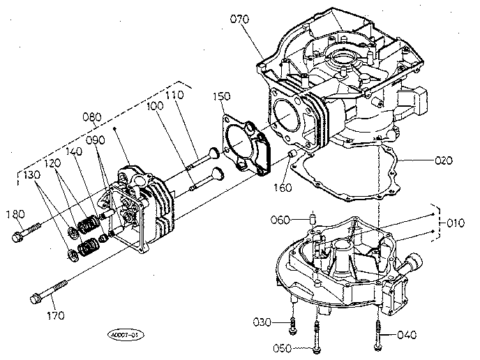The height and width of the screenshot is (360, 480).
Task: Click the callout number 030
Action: pyautogui.click(x=262, y=322)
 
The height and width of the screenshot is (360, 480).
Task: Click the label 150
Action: pyautogui.click(x=223, y=96)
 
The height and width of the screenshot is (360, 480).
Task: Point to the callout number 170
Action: pyautogui.click(x=54, y=315)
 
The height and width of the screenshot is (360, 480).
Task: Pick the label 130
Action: pyautogui.click(x=32, y=174)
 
